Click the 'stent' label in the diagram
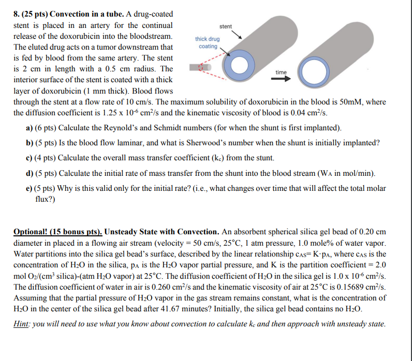(226, 26)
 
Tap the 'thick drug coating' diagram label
(207, 42)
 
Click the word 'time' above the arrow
(281, 72)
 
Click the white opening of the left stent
(239, 65)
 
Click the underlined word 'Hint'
(22, 324)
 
